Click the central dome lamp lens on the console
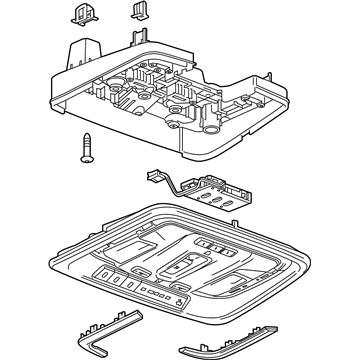click(x=184, y=262)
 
